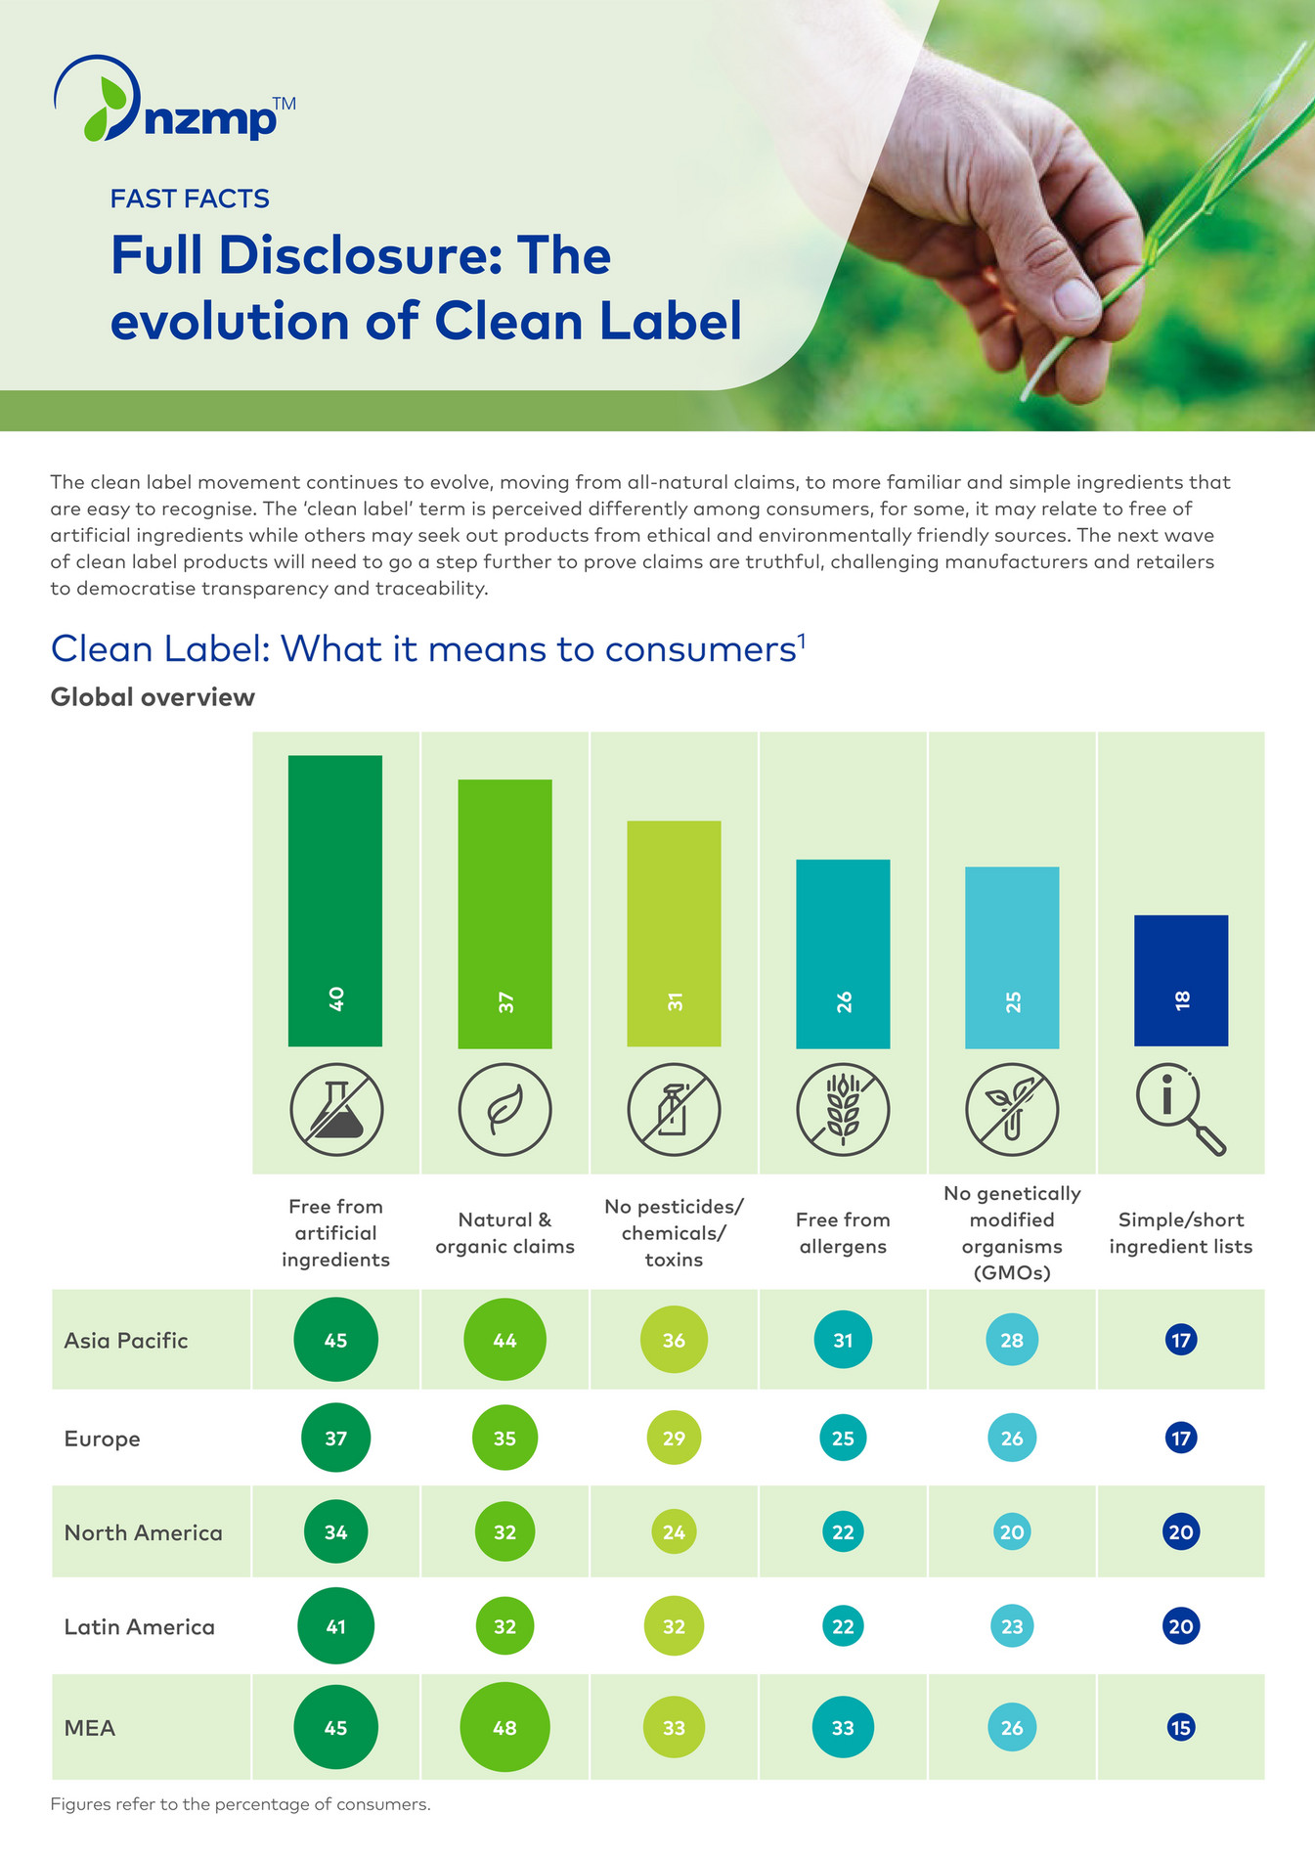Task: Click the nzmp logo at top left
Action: point(171,101)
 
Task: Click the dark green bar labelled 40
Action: point(335,900)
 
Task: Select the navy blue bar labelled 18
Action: point(1181,980)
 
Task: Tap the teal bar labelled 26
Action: point(843,953)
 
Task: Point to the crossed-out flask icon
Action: point(336,1110)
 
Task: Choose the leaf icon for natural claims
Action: point(505,1110)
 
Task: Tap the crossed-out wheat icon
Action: point(843,1110)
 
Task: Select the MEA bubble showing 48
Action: point(504,1727)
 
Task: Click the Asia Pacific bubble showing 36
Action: point(674,1340)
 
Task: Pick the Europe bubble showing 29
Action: point(674,1438)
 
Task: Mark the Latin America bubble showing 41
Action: point(335,1625)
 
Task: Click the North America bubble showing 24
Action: point(674,1531)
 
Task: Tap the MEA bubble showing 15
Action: point(1181,1727)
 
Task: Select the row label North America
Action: point(143,1532)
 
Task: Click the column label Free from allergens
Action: point(843,1232)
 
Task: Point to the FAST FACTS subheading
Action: point(190,199)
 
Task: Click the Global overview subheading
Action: point(153,697)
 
